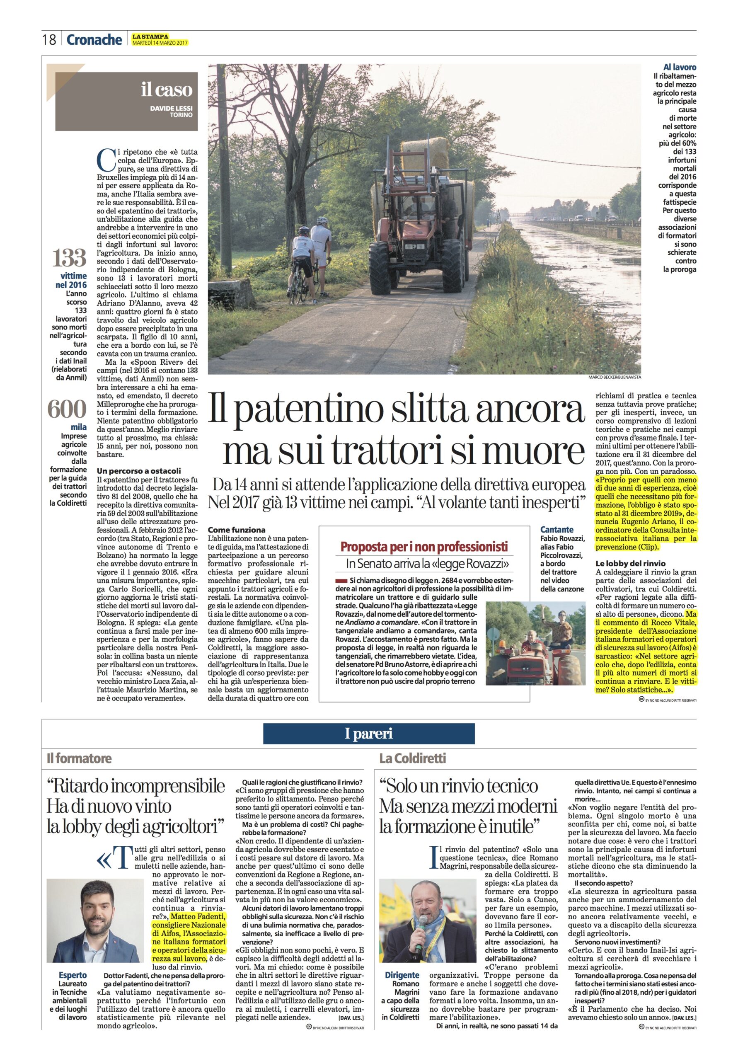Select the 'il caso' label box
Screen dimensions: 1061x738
click(126, 101)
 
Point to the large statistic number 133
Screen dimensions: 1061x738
click(69, 257)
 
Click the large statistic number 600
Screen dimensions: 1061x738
click(67, 409)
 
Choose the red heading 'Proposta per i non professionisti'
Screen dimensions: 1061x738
click(424, 547)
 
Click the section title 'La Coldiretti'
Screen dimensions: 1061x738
click(413, 758)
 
